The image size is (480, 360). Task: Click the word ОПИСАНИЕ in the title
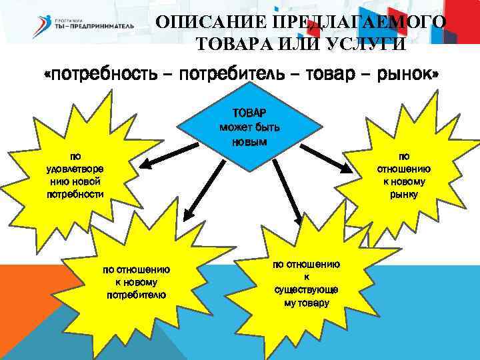203,23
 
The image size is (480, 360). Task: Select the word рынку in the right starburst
404,194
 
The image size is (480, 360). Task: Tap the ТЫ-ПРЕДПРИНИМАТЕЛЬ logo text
93,26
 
